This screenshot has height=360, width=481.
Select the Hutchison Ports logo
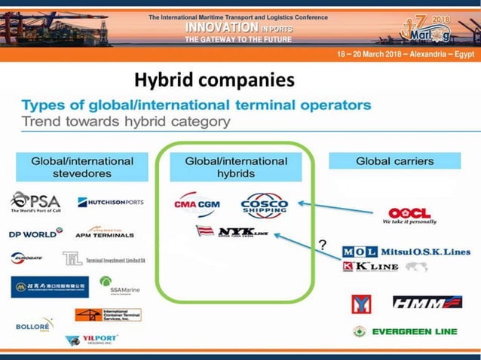pyautogui.click(x=111, y=202)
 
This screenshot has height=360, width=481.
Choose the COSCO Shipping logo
pyautogui.click(x=264, y=205)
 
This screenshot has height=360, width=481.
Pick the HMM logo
pyautogui.click(x=427, y=302)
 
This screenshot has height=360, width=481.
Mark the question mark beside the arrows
pyautogui.click(x=322, y=245)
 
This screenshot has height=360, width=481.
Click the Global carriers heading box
pyautogui.click(x=394, y=160)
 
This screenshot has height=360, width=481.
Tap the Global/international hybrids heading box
pyautogui.click(x=236, y=166)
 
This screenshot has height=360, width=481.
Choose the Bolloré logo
pyautogui.click(x=34, y=325)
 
